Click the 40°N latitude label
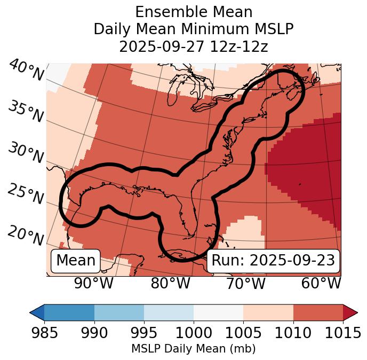point(26,71)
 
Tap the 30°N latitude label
point(26,153)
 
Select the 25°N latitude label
point(26,194)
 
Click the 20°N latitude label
point(26,235)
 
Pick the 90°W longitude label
point(93,283)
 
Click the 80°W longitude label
point(171,283)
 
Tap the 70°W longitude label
point(246,283)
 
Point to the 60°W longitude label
point(321,283)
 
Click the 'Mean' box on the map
point(76,261)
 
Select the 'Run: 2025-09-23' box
point(273,261)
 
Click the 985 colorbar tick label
point(45,333)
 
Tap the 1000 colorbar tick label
point(194,333)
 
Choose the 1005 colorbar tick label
point(243,333)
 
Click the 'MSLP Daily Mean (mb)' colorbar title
point(194,349)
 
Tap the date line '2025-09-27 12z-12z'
point(194,46)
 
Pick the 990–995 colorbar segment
point(119,312)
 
